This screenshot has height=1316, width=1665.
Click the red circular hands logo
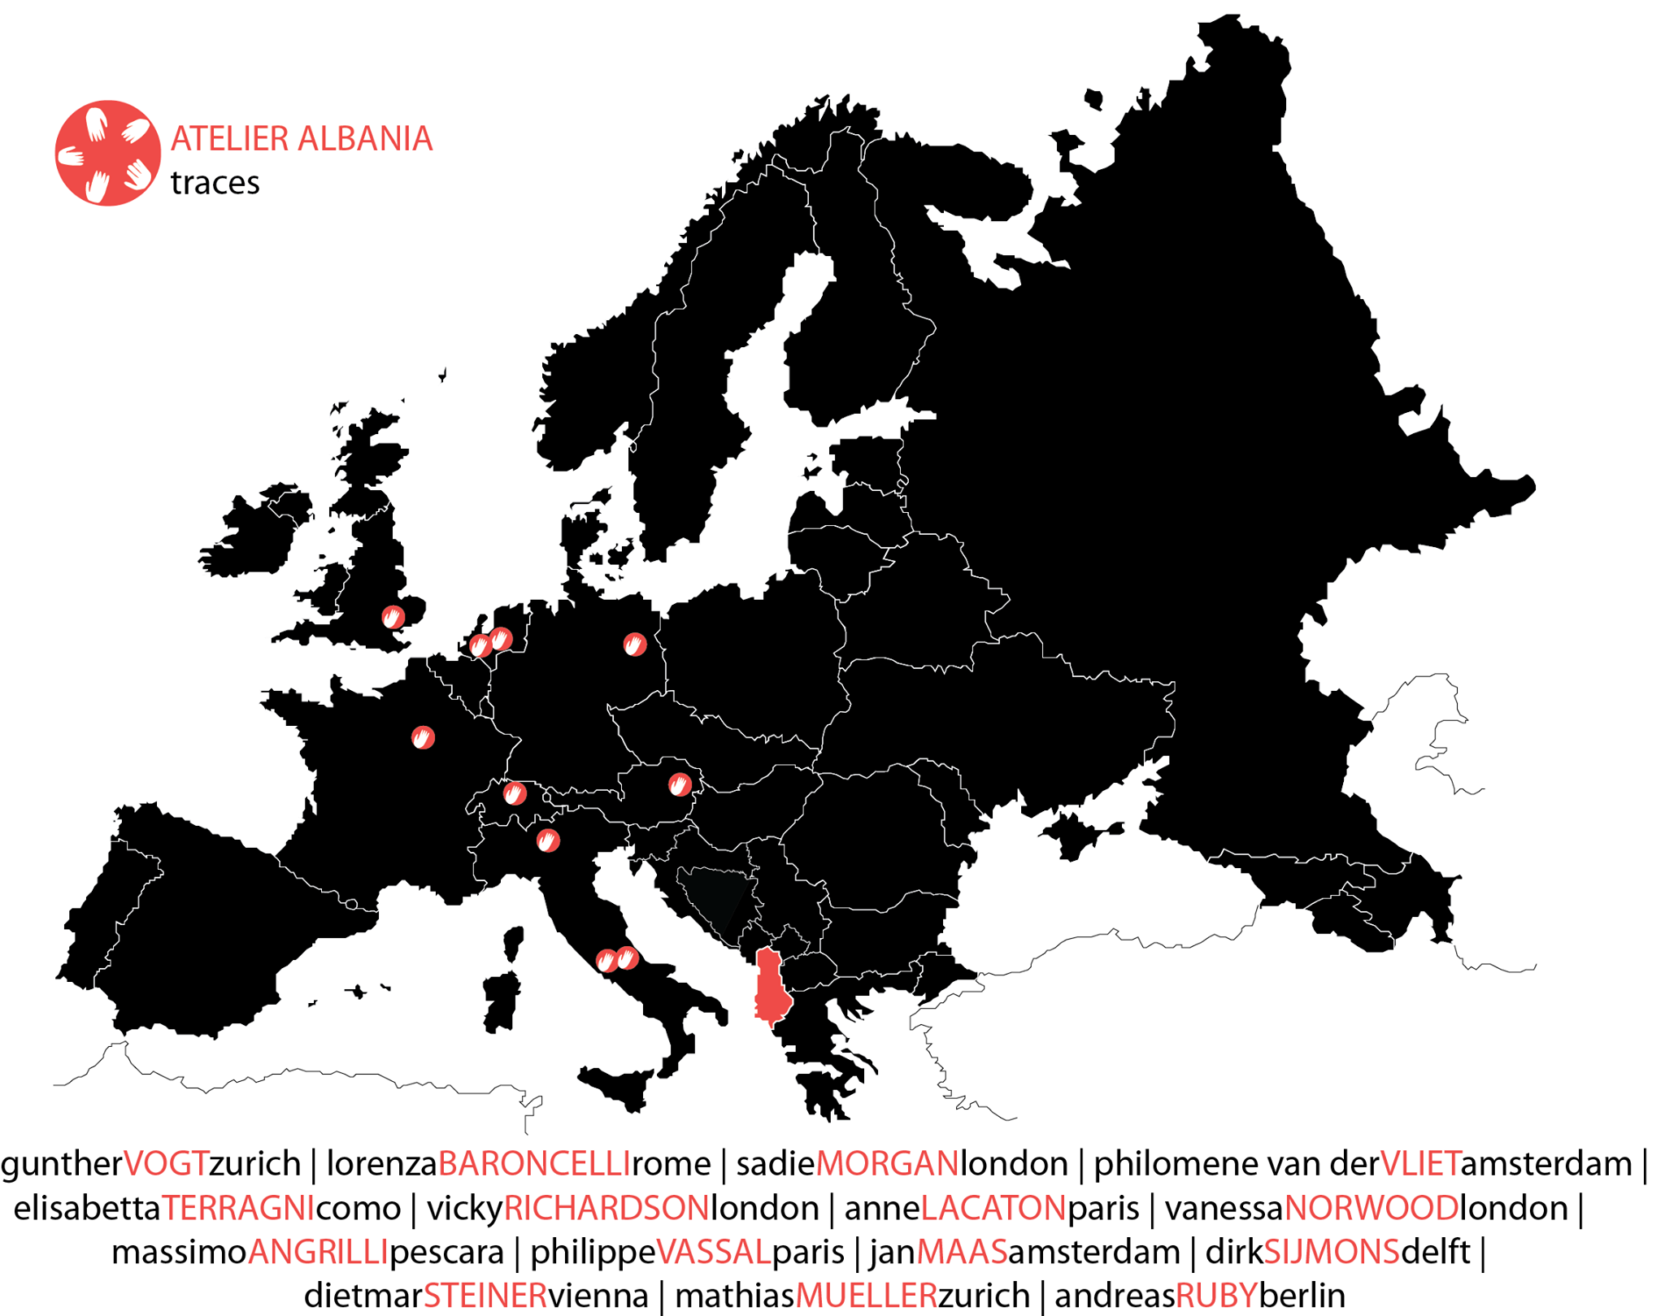[x=107, y=153]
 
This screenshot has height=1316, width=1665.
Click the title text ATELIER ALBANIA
[x=301, y=139]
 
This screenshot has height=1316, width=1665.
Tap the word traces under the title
[x=215, y=183]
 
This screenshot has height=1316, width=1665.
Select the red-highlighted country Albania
[x=770, y=987]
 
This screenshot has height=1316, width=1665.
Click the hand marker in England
[x=393, y=617]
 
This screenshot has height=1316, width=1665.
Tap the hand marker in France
[x=423, y=737]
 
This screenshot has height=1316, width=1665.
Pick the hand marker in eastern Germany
[x=635, y=645]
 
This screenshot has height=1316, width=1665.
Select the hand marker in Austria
[x=680, y=784]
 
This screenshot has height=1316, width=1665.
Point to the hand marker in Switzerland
[x=515, y=793]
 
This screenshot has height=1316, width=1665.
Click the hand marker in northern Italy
[x=548, y=840]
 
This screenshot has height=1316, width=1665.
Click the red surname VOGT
[x=167, y=1164]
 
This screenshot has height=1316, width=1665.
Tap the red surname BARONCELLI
[x=534, y=1164]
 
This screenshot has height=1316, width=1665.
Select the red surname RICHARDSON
[x=606, y=1209]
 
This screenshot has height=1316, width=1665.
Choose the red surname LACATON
[x=993, y=1209]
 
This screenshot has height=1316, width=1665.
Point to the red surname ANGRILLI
[x=318, y=1253]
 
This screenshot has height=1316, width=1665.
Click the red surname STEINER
[x=485, y=1296]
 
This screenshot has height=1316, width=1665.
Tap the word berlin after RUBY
[x=1302, y=1296]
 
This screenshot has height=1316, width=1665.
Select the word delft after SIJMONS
[x=1436, y=1253]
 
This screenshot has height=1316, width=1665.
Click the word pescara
[x=446, y=1253]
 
